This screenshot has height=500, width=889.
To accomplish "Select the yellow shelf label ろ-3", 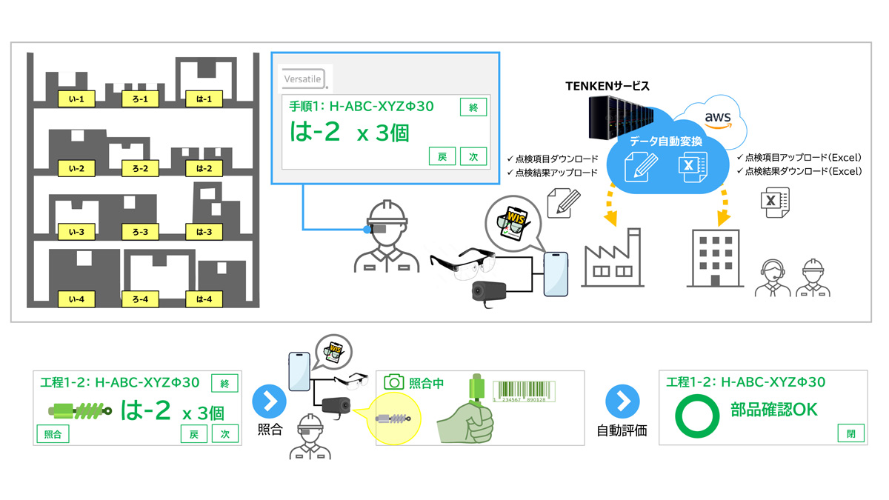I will [140, 232].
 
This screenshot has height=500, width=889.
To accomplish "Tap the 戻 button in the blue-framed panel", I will [442, 156].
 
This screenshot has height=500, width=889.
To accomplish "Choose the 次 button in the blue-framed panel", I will [473, 156].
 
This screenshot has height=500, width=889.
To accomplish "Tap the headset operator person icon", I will [771, 279].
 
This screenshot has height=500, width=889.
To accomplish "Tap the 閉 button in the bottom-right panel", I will [850, 434].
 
